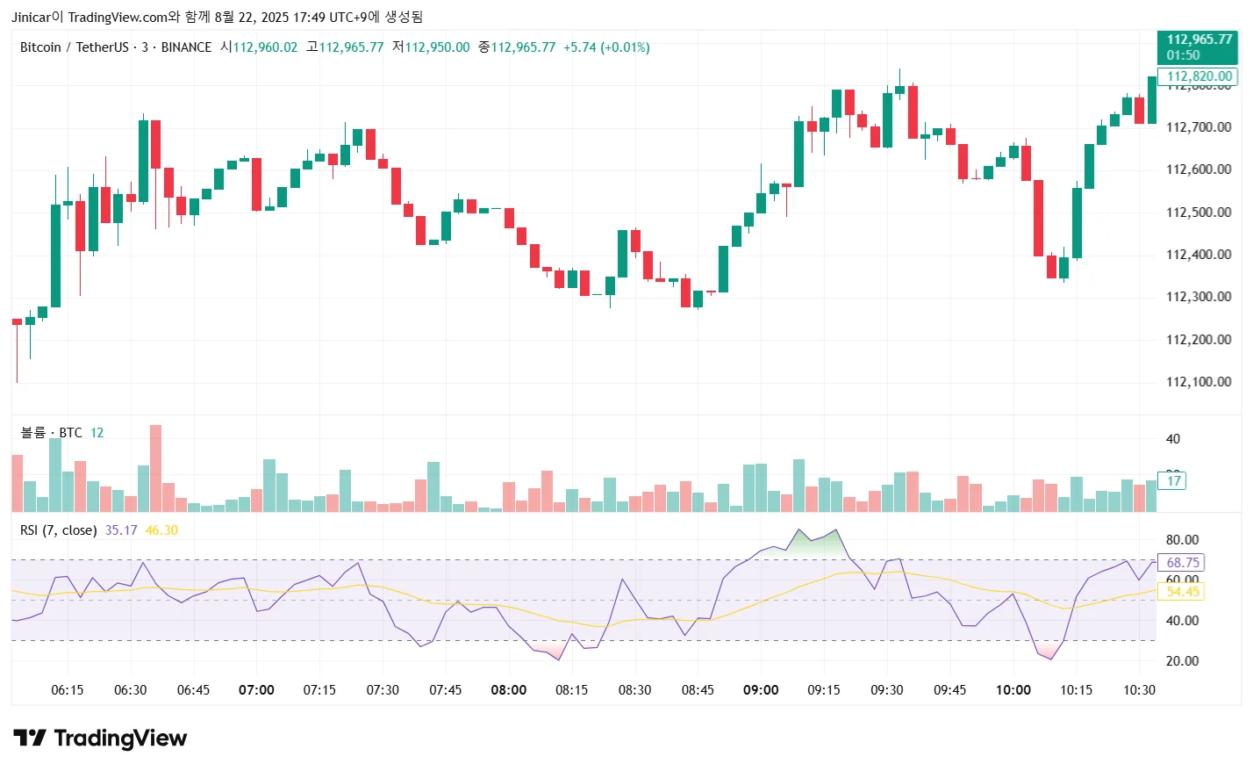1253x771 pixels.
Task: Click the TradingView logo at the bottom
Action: click(x=100, y=739)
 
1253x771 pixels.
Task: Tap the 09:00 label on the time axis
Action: click(x=761, y=690)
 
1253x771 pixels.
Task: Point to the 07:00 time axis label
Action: click(x=256, y=690)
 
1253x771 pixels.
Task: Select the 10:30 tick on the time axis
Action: click(x=1139, y=690)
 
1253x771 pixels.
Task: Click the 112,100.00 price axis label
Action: click(x=1198, y=382)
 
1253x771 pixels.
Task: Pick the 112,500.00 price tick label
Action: click(x=1198, y=213)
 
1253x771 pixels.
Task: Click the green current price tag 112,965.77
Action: click(x=1198, y=47)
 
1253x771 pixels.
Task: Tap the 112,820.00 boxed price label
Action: click(x=1199, y=76)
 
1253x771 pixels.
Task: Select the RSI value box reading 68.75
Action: click(x=1182, y=563)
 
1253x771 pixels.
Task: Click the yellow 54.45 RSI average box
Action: click(x=1182, y=592)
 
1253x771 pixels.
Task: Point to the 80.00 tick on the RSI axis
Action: click(x=1182, y=540)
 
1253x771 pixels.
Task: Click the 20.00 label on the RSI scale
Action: click(x=1182, y=661)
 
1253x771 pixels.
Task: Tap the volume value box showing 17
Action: click(x=1173, y=480)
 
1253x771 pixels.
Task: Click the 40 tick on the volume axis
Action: click(x=1172, y=439)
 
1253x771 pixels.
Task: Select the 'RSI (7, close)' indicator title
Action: click(x=58, y=530)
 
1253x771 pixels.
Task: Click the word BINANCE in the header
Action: click(x=186, y=47)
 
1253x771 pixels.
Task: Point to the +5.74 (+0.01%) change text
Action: click(x=606, y=47)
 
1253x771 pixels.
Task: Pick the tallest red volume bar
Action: click(x=155, y=468)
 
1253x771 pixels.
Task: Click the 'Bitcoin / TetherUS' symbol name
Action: click(x=74, y=47)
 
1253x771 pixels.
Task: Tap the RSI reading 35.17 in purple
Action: click(x=121, y=530)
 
